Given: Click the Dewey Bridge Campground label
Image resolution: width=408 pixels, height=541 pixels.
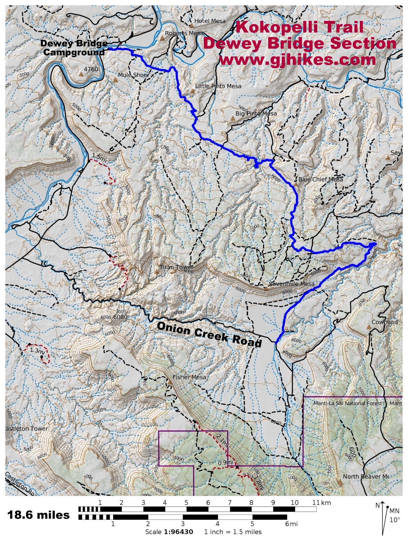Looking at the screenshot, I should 74,48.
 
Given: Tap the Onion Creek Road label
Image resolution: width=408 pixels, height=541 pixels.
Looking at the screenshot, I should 209,334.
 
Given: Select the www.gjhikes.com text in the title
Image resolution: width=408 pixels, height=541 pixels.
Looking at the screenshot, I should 297,60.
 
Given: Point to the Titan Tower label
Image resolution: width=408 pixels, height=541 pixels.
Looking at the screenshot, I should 177,267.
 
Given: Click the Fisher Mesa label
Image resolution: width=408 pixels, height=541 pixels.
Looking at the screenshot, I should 189,377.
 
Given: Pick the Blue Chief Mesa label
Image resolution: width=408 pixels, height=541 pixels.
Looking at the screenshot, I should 321,179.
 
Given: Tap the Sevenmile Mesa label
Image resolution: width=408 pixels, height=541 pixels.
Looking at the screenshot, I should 291,284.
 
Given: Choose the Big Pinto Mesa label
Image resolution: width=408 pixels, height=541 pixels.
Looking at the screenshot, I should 256,114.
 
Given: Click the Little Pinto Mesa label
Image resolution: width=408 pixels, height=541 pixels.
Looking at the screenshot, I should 218,86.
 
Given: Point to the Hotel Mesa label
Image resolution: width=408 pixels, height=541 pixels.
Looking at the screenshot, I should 210,21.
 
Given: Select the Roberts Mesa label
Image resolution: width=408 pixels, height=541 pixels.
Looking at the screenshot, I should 184,33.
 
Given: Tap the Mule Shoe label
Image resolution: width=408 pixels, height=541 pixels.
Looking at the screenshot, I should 133,75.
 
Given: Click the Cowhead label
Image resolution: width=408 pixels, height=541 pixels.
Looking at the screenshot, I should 384,322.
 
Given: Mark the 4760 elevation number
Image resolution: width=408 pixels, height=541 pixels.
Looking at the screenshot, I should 91,69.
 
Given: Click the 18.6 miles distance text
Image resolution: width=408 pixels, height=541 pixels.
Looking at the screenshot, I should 38,515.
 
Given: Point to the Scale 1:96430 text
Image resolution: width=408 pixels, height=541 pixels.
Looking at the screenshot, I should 169,532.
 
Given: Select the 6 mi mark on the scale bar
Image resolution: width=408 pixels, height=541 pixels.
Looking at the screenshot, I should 289,524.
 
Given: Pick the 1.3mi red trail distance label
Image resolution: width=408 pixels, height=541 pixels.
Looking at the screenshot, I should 37,351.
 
